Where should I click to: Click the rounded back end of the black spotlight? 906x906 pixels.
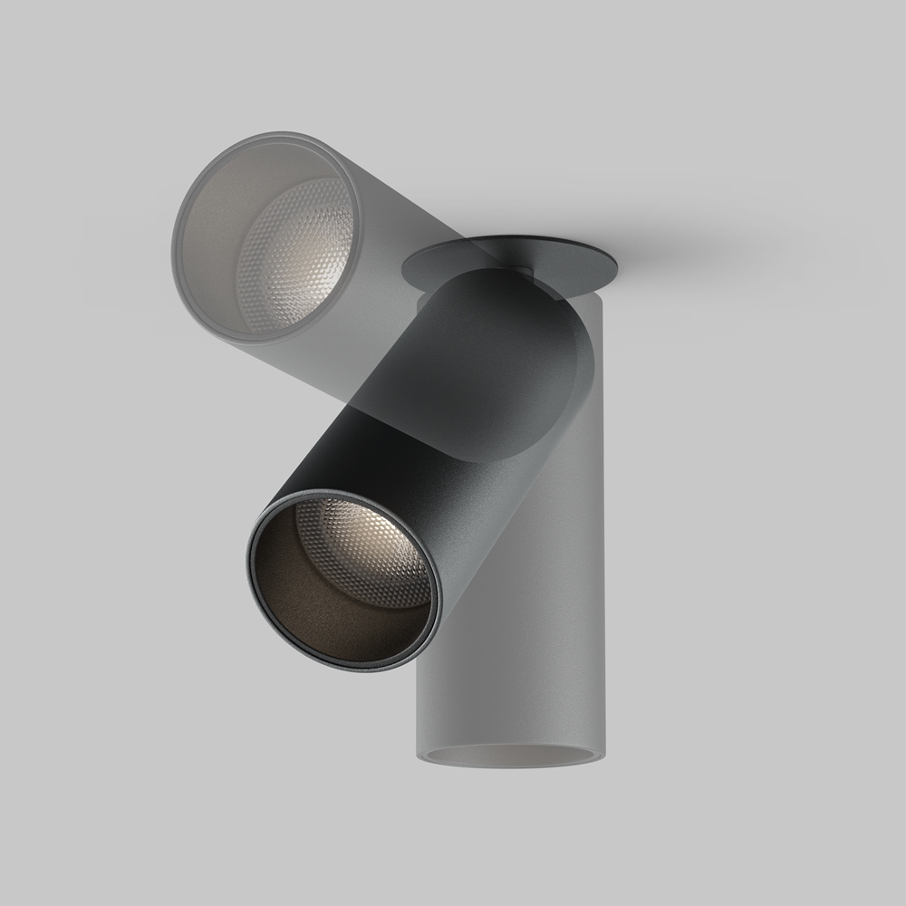pyautogui.click(x=553, y=344)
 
